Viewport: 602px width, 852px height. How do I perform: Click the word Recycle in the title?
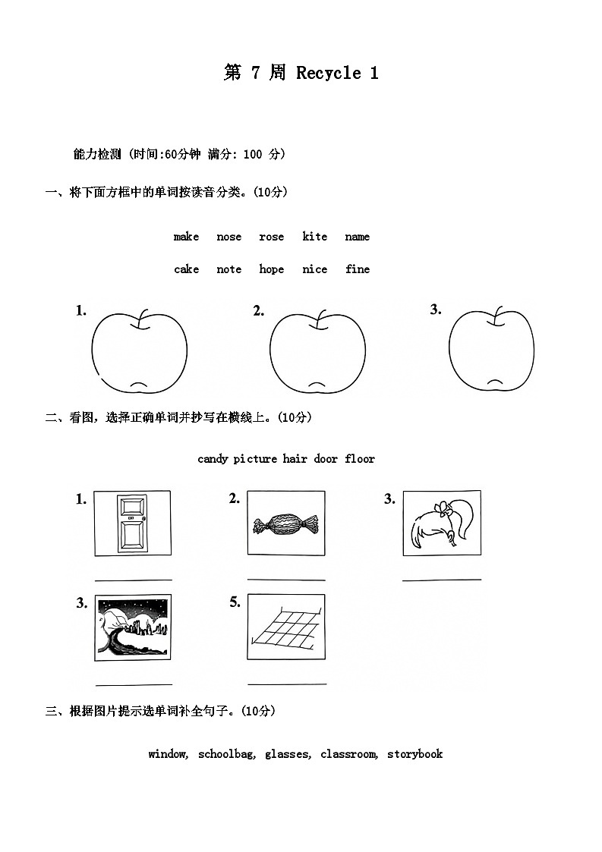[x=329, y=73]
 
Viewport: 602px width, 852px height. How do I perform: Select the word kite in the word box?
[x=314, y=237]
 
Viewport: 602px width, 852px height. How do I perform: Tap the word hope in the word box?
[x=271, y=269]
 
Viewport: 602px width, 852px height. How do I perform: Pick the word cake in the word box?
[x=186, y=269]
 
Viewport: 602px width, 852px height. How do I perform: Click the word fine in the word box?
[x=358, y=269]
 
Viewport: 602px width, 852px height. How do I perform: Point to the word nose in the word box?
[x=229, y=237]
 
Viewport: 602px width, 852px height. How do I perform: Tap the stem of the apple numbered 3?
[x=497, y=316]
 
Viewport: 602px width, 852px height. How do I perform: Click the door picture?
[x=132, y=523]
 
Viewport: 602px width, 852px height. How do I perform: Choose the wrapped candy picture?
[x=286, y=523]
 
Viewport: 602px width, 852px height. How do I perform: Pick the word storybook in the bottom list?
[x=414, y=754]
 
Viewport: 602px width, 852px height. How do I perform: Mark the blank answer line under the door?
[x=134, y=580]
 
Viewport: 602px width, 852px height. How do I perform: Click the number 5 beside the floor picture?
[x=235, y=602]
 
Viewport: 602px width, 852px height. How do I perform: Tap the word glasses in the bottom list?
[x=288, y=754]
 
